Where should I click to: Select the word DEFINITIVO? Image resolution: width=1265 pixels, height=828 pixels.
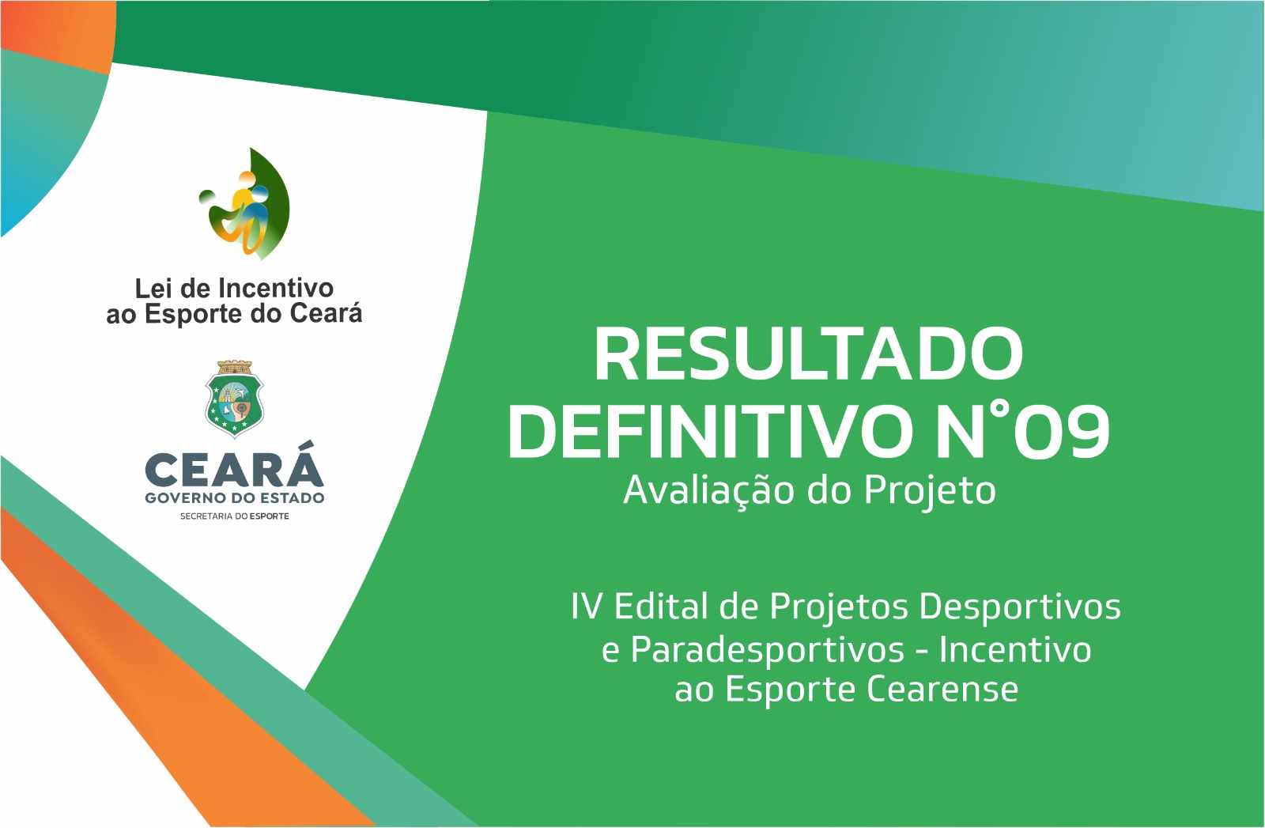[710, 432]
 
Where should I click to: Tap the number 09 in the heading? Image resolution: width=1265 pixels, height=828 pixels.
[1063, 432]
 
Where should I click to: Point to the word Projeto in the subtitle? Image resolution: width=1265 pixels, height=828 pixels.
[929, 490]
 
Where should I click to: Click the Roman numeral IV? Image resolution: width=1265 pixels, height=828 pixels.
[587, 607]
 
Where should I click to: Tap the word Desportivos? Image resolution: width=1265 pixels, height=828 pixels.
[1019, 607]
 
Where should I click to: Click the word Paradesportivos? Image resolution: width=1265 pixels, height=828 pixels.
[767, 650]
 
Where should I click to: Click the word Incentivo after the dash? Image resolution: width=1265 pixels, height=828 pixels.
[1014, 650]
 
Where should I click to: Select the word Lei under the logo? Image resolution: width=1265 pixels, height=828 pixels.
[153, 288]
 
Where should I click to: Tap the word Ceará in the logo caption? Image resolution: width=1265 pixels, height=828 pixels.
[326, 313]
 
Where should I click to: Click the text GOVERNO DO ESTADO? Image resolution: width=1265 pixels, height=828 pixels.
[234, 498]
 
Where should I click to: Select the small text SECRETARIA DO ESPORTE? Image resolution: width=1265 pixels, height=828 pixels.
[234, 516]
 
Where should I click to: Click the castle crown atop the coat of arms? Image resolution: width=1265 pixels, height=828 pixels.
[234, 367]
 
